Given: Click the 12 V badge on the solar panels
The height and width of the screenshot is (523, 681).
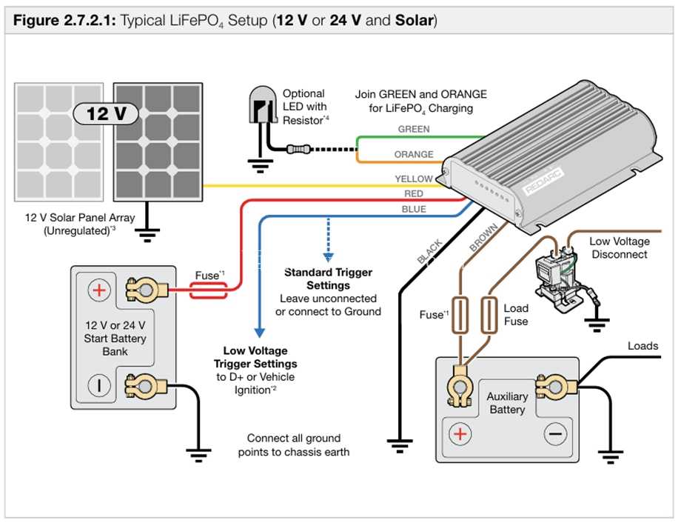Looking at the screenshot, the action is (x=106, y=114).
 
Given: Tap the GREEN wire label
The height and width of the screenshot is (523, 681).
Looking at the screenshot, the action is (x=414, y=129).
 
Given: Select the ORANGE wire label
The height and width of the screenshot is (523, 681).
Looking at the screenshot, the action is (x=414, y=154).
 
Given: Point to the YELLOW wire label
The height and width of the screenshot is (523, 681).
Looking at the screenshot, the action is (x=414, y=179).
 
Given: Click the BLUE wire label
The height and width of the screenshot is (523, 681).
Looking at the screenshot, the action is (x=414, y=209).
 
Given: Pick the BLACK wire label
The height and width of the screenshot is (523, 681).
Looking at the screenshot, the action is (x=429, y=251).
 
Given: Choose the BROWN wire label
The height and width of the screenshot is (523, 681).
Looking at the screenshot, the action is (x=483, y=238).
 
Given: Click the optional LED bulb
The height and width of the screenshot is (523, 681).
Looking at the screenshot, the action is (x=263, y=104).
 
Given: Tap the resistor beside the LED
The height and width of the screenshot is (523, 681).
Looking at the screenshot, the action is (x=298, y=150).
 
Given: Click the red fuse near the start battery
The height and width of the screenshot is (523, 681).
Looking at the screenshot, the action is (x=209, y=290).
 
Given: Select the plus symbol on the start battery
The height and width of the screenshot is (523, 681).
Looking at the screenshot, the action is (x=99, y=290).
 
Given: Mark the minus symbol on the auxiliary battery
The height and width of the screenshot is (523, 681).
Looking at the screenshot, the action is (x=555, y=434).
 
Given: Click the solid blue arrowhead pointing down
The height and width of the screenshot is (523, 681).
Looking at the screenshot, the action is (x=259, y=333).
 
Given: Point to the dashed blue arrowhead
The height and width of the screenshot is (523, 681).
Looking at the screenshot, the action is (x=329, y=257).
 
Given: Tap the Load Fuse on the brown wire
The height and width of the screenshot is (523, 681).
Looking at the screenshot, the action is (x=489, y=315).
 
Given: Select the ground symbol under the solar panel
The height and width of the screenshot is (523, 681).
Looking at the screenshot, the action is (x=147, y=235).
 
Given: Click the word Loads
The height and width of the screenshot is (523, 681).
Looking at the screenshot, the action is (x=643, y=346).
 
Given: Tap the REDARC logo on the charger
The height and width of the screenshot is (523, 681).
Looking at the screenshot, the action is (x=543, y=181).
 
